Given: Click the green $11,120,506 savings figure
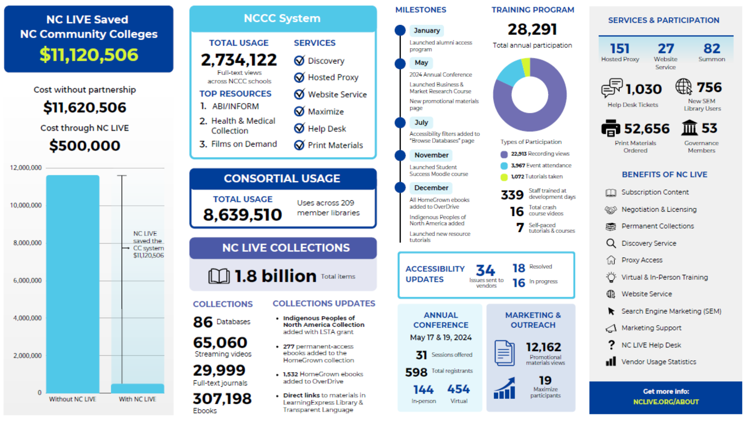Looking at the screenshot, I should tap(89, 55).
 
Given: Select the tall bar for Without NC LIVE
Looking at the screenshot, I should tap(73, 281).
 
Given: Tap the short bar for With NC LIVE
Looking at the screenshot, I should tap(137, 388).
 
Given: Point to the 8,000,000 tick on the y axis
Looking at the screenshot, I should tap(27, 243).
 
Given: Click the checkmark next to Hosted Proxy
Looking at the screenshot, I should tap(299, 77).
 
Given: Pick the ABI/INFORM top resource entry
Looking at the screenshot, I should tap(235, 107).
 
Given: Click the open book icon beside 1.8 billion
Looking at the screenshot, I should tap(219, 276).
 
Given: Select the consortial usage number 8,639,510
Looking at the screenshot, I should tap(242, 215).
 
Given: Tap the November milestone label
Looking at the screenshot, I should tap(431, 155).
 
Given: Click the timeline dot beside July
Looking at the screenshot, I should tap(400, 123).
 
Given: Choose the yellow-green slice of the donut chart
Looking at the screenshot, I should tap(526, 67).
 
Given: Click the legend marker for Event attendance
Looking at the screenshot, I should tap(504, 166).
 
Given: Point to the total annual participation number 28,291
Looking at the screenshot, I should tap(532, 30).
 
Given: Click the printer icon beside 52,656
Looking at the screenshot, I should tap(610, 128).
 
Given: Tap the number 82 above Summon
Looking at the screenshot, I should tap(712, 49).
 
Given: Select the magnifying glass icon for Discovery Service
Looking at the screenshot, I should tap(611, 243).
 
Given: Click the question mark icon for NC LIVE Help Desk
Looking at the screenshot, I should tap(611, 345).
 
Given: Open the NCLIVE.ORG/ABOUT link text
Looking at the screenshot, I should tap(666, 402).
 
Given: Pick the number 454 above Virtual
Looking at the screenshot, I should tap(458, 389).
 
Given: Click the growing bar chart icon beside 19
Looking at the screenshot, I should tap(505, 388).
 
